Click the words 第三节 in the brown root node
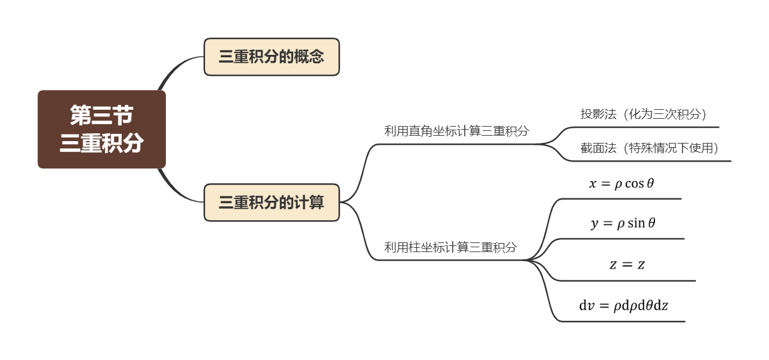pos(101,114)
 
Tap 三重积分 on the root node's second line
pos(101,143)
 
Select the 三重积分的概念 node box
pos(271,57)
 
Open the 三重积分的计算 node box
pos(271,203)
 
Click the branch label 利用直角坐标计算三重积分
pos(456,131)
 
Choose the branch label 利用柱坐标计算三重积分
pos(451,247)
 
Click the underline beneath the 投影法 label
pos(651,127)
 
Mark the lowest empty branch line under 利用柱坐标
pos(621,321)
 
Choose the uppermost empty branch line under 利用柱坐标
pos(621,198)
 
